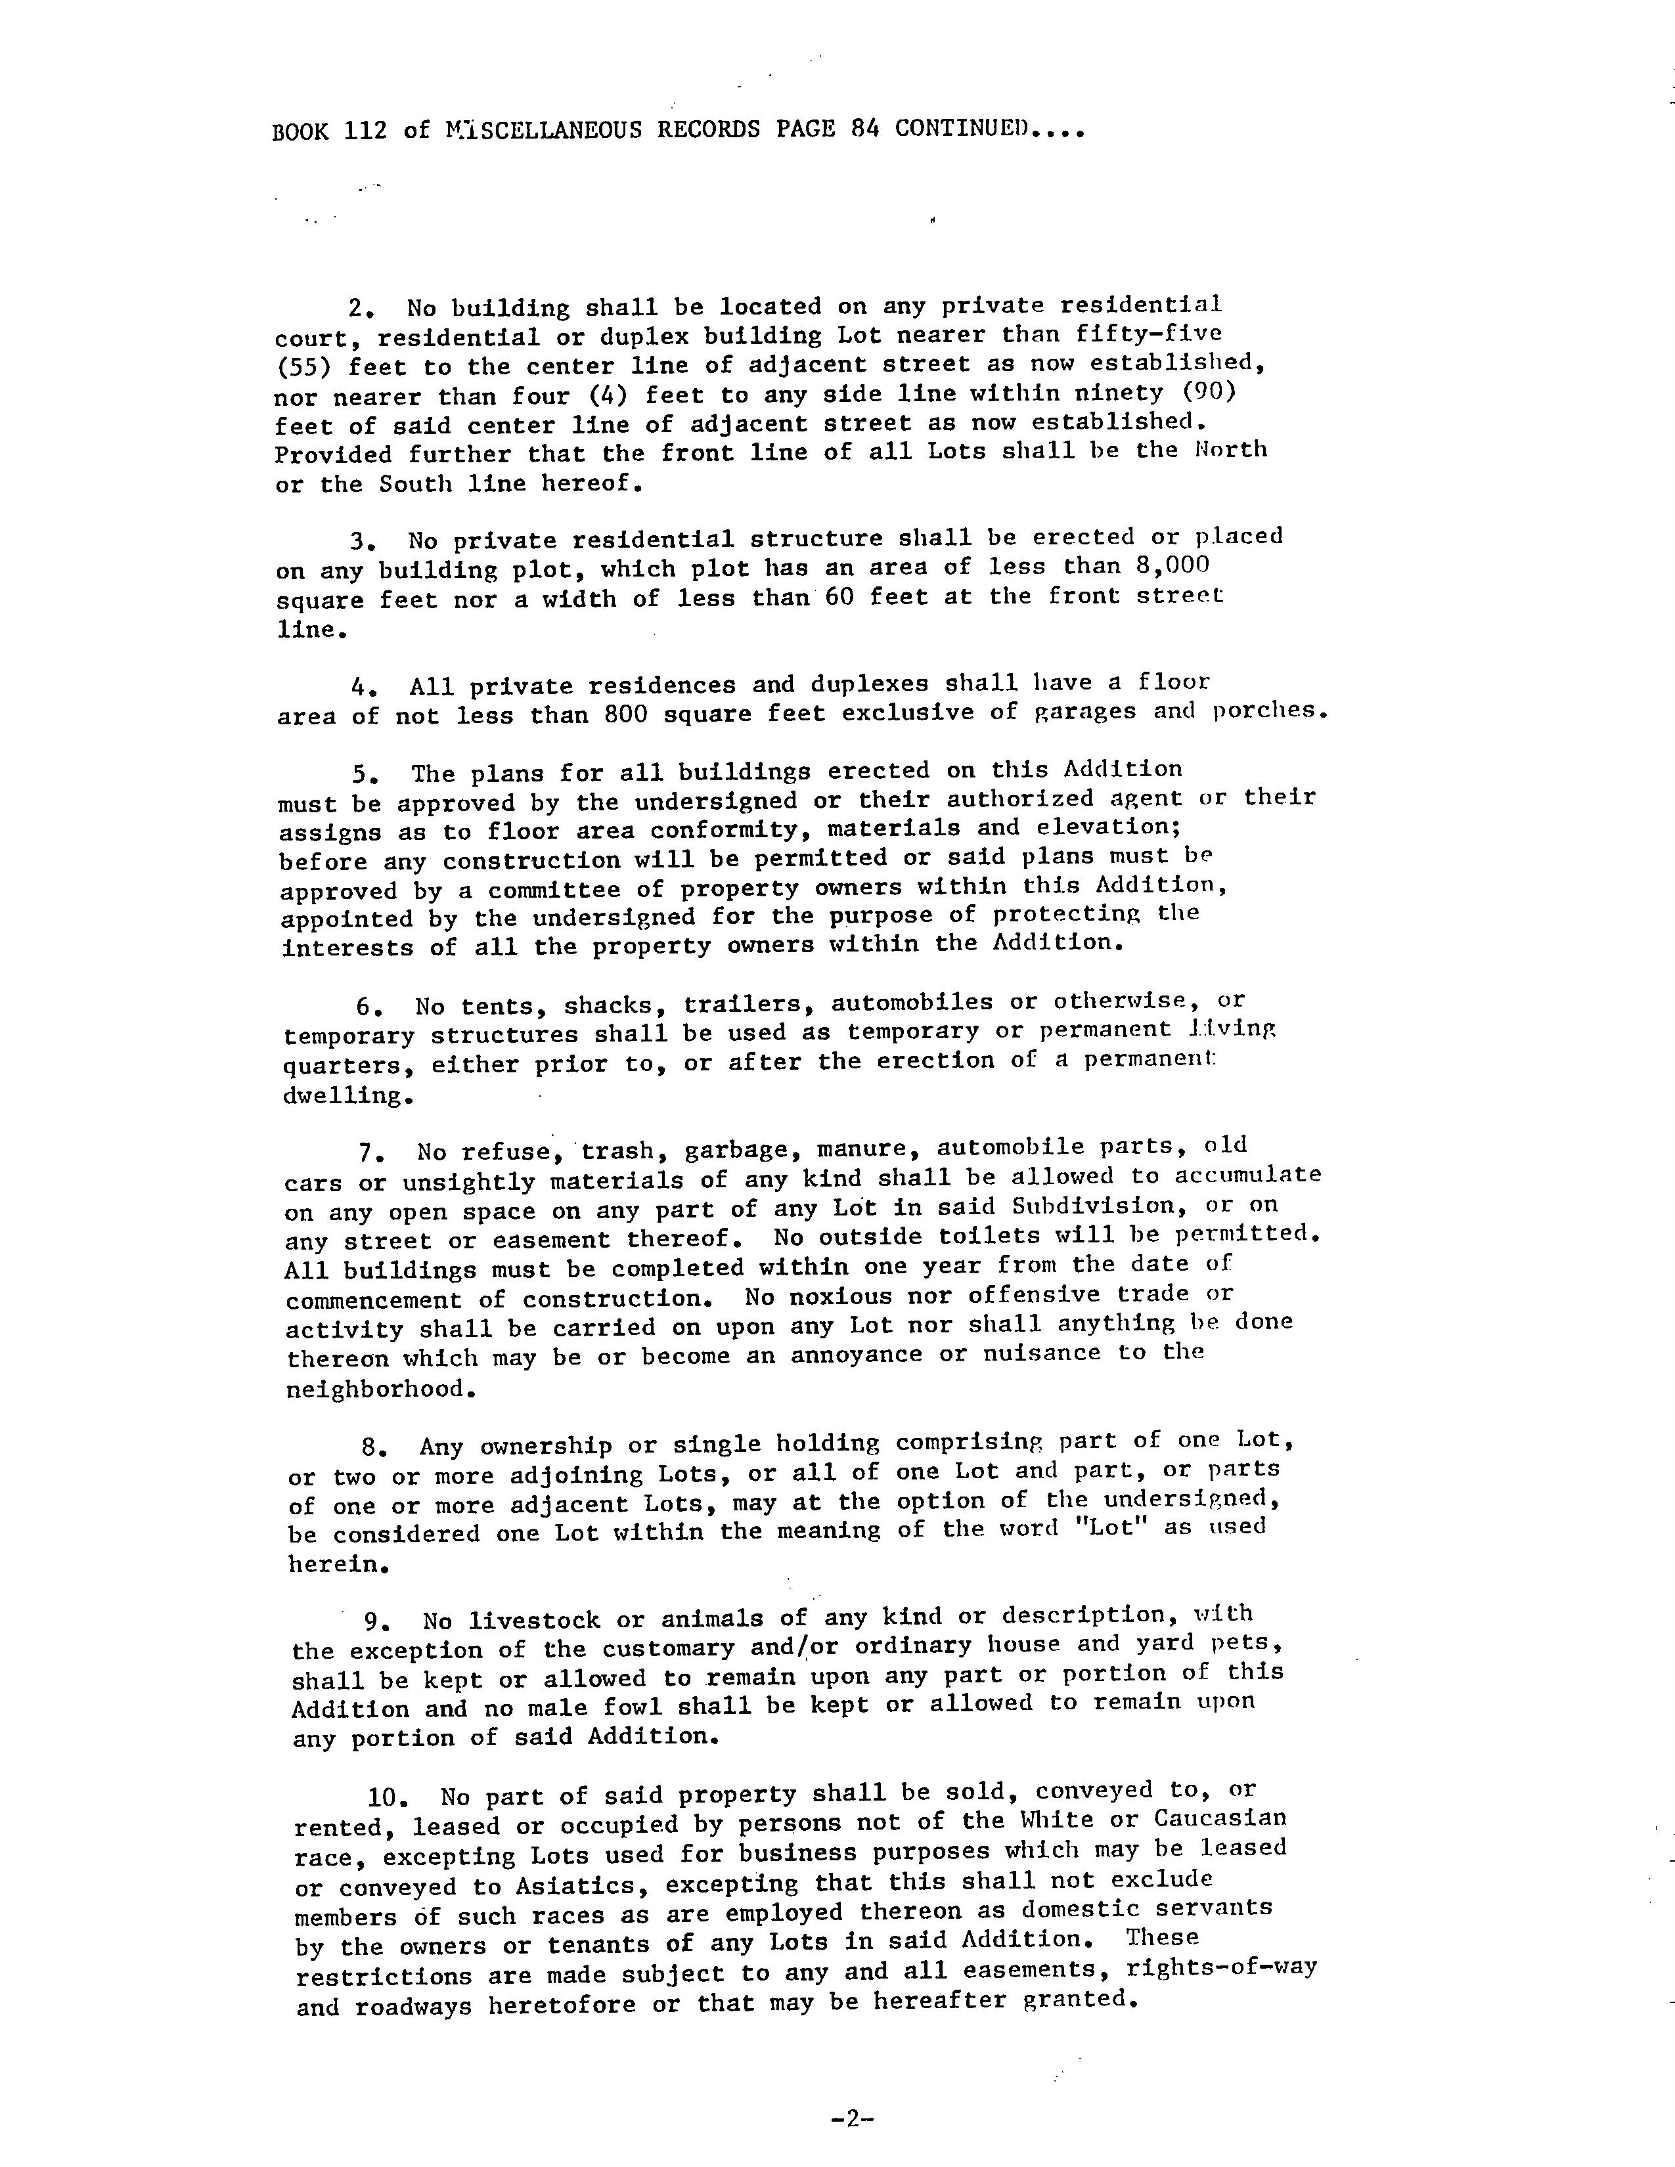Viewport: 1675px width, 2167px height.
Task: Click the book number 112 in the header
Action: [365, 131]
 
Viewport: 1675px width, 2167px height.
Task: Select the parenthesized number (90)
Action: [1205, 392]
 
